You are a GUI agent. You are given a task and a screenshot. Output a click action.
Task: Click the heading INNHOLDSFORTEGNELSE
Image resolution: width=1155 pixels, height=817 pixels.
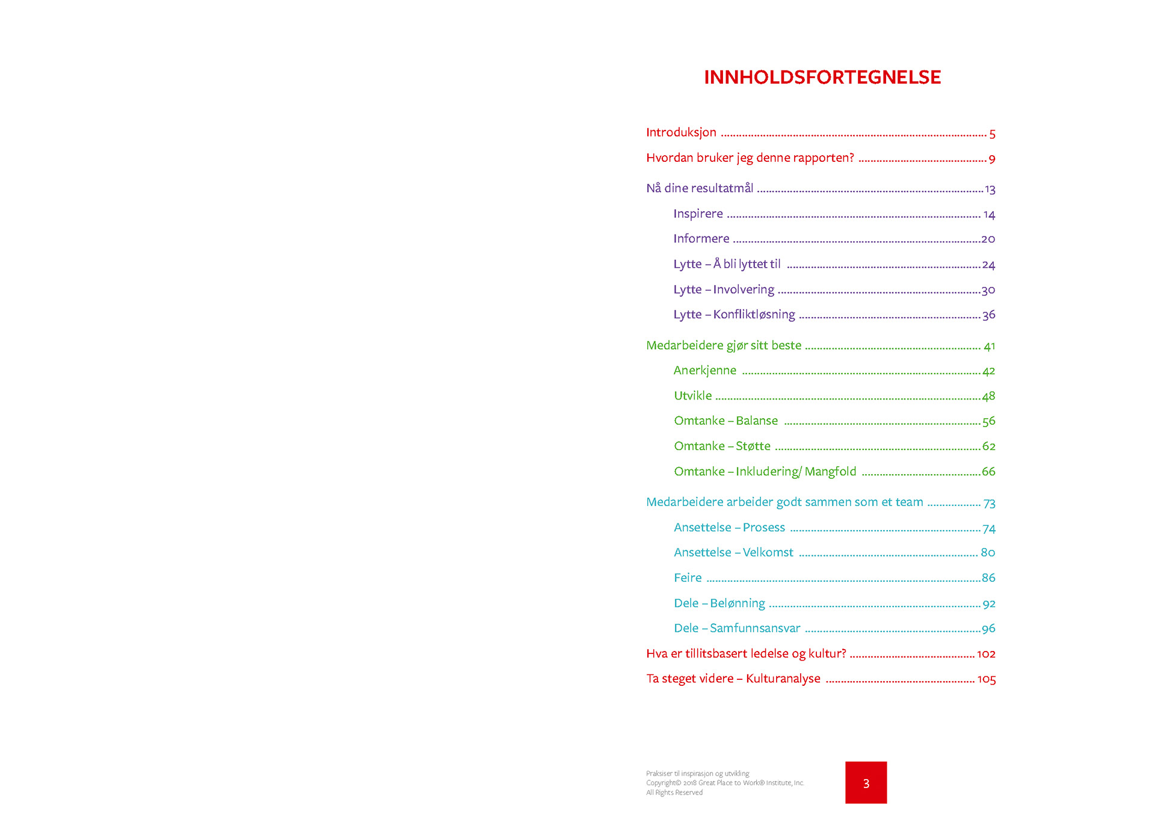822,77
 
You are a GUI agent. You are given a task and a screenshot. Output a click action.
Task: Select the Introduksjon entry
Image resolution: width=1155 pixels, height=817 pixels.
681,132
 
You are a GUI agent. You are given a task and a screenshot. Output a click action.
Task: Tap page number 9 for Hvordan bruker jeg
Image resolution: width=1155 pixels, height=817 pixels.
992,159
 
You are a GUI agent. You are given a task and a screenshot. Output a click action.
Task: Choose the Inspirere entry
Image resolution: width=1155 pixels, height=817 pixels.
698,214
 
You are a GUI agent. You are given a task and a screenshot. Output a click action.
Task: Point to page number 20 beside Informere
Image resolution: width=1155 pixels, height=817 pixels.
988,239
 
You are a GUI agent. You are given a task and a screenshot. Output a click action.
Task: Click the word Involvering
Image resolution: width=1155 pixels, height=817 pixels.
744,289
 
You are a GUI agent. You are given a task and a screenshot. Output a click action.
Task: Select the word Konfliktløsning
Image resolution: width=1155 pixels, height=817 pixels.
754,314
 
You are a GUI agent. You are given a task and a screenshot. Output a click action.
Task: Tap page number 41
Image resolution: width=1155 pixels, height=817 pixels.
990,347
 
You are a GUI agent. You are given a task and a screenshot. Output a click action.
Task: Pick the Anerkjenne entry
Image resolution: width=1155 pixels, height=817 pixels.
704,371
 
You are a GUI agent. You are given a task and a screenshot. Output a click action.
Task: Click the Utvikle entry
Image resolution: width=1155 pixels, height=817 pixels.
692,395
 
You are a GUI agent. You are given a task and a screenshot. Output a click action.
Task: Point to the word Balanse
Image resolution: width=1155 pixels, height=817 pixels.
757,421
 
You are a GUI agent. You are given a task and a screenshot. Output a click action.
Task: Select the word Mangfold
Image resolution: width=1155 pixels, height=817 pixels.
830,471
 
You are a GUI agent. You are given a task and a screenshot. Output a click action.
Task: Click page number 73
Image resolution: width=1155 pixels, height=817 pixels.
990,503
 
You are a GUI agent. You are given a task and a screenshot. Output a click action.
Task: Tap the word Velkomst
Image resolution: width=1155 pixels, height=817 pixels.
768,552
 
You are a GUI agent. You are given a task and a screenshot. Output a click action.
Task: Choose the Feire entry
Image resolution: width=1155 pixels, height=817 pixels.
688,578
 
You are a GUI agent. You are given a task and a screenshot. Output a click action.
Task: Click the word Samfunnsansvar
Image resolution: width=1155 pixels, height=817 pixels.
755,628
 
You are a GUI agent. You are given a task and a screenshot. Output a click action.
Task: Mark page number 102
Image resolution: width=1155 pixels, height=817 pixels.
987,654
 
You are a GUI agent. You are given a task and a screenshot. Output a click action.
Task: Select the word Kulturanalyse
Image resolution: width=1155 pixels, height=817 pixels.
783,679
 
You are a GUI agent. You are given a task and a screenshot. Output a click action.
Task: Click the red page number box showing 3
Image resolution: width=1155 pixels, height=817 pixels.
866,783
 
